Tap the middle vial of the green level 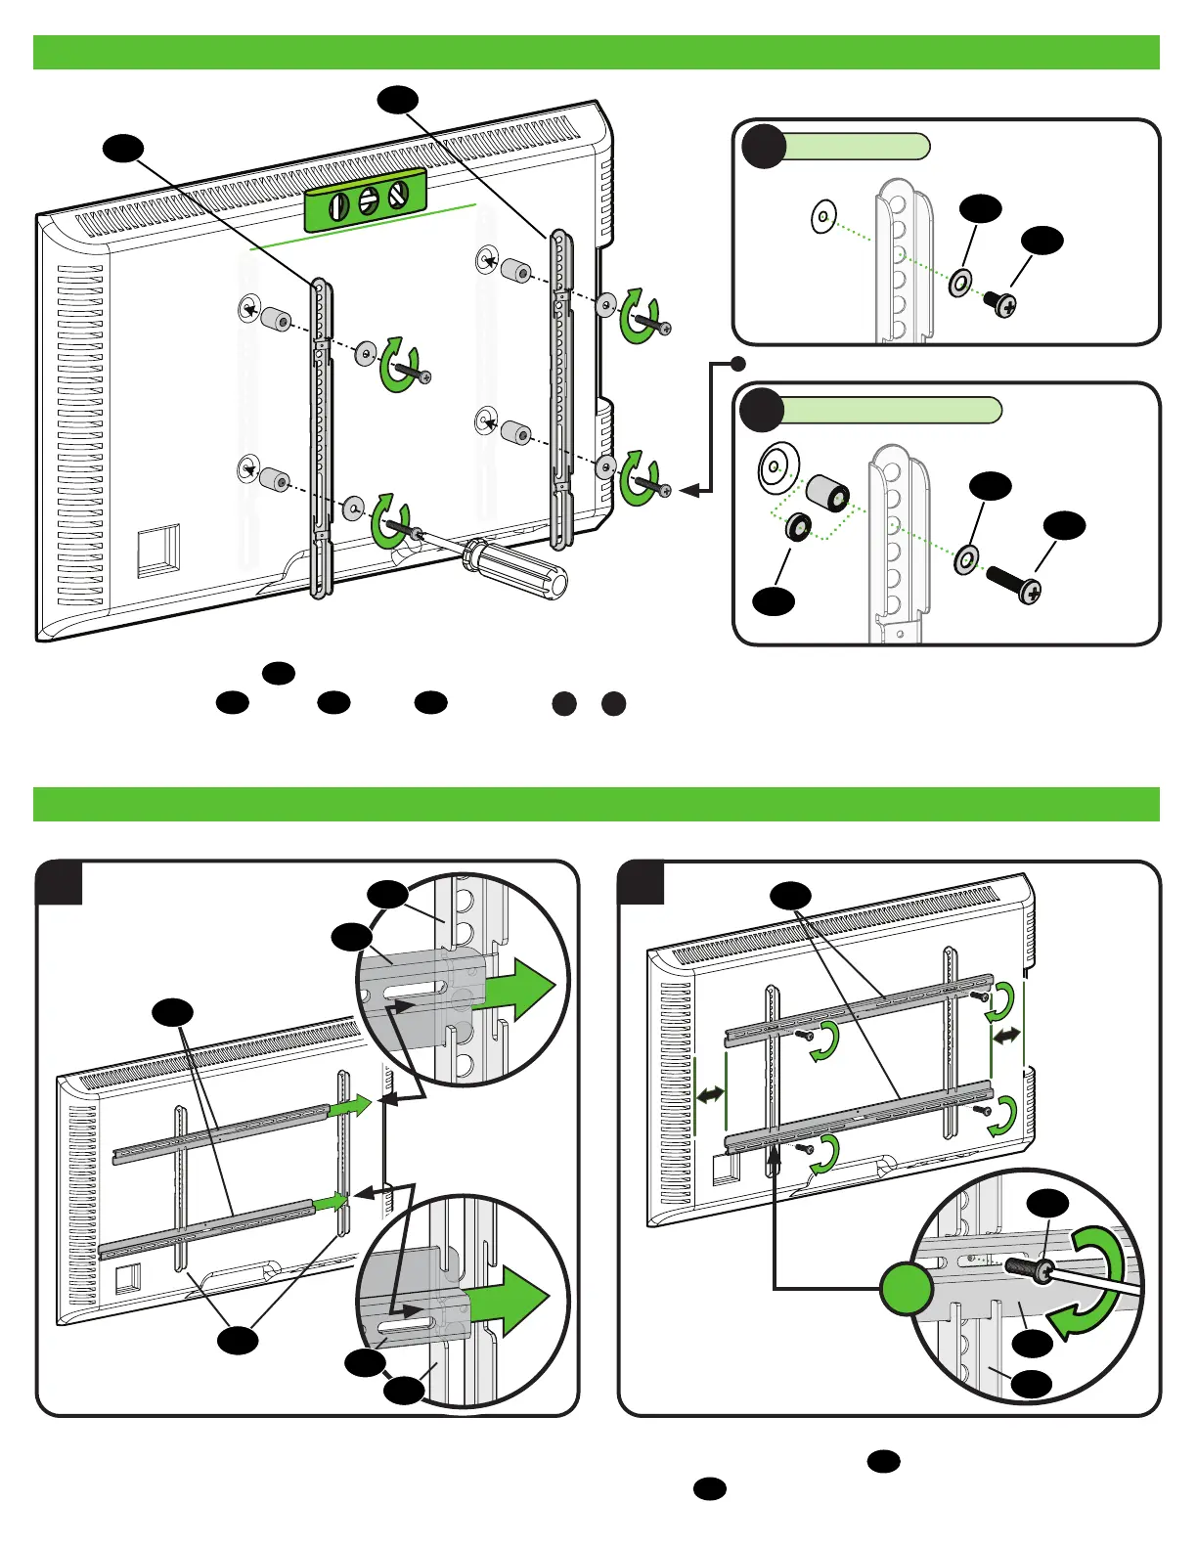click(369, 200)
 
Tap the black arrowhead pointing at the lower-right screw click(690, 491)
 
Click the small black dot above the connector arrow click(739, 364)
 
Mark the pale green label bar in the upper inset click(856, 147)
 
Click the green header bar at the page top click(597, 53)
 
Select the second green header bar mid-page click(597, 804)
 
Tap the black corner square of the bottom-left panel click(59, 883)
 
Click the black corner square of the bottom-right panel click(643, 883)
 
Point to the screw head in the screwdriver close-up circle click(1043, 1271)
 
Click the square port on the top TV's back click(158, 552)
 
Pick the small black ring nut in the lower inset click(797, 528)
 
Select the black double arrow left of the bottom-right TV click(711, 1095)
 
